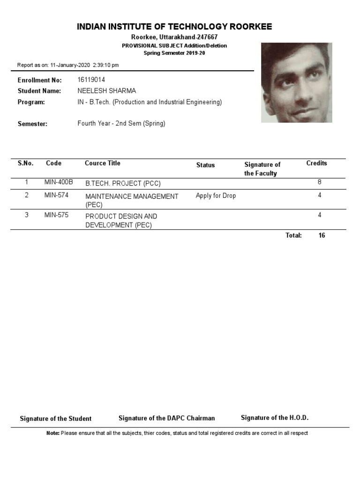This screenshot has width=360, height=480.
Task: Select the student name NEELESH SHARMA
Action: point(106,91)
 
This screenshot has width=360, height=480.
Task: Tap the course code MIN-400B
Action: point(59,182)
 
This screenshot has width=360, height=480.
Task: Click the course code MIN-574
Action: point(56,195)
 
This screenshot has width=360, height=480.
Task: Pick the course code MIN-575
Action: point(56,215)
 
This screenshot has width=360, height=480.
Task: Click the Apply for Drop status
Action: point(216,195)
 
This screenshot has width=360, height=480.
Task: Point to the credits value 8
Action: point(319,182)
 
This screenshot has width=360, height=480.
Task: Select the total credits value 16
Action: point(322,235)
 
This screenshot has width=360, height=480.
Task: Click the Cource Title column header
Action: point(102,163)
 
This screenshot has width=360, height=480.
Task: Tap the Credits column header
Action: point(316,163)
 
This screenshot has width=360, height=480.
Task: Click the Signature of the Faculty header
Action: point(262,169)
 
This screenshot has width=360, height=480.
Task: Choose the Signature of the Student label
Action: point(55,419)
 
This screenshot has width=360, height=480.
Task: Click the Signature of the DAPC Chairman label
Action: point(166,418)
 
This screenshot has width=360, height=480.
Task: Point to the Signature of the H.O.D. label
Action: point(275,418)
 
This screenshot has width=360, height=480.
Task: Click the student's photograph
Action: point(296,82)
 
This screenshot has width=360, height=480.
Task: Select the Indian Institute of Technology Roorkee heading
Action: point(174,27)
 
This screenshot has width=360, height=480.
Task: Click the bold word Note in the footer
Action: point(52,433)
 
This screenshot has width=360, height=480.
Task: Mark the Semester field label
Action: point(32,124)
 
